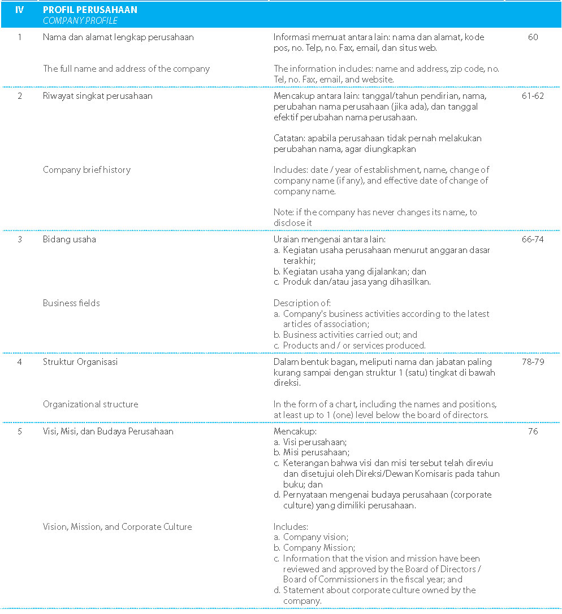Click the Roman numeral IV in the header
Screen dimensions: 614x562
(20, 10)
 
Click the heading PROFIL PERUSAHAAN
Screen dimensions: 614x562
(90, 10)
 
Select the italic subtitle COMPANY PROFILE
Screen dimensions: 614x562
(80, 20)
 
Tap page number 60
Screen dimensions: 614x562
(533, 37)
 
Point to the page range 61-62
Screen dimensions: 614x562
(533, 96)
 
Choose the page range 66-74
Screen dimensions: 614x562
(533, 239)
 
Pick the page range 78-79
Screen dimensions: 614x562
(533, 362)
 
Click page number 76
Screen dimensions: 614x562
(533, 432)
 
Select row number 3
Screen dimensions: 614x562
(20, 239)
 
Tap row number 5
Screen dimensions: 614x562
(20, 432)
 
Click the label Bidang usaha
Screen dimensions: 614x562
(70, 239)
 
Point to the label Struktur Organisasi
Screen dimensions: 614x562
(80, 362)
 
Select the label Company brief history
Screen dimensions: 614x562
(87, 170)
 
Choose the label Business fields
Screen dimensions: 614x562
(71, 303)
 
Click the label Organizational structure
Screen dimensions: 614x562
(90, 404)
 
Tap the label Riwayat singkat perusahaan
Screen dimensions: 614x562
(97, 96)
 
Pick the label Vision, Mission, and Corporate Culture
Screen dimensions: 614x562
(118, 527)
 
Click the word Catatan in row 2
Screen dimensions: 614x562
(289, 138)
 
